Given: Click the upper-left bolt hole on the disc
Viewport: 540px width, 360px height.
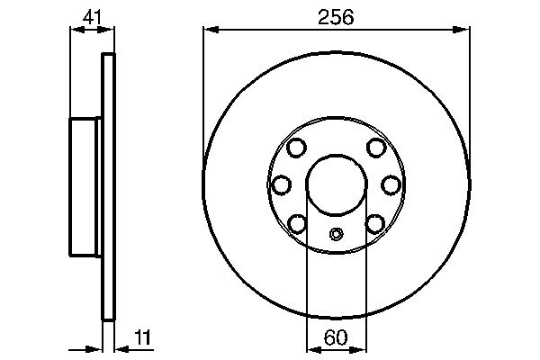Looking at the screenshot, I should tap(297, 148).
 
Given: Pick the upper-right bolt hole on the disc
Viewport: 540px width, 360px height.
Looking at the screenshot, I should tap(377, 148).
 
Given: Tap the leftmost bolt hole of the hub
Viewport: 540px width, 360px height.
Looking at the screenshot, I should tap(282, 184).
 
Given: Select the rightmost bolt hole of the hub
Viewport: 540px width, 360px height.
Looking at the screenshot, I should tap(391, 184).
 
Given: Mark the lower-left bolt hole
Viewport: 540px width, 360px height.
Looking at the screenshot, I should tap(297, 221).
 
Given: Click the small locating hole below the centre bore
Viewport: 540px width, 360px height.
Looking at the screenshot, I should tap(337, 236).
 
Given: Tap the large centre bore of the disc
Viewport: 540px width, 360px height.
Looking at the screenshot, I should tap(337, 184).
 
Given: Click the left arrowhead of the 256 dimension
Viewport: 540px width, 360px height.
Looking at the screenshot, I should tap(210, 31).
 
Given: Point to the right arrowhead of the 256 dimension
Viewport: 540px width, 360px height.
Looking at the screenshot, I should tap(465, 31).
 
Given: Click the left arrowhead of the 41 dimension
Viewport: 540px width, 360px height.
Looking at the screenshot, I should tap(76, 31).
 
